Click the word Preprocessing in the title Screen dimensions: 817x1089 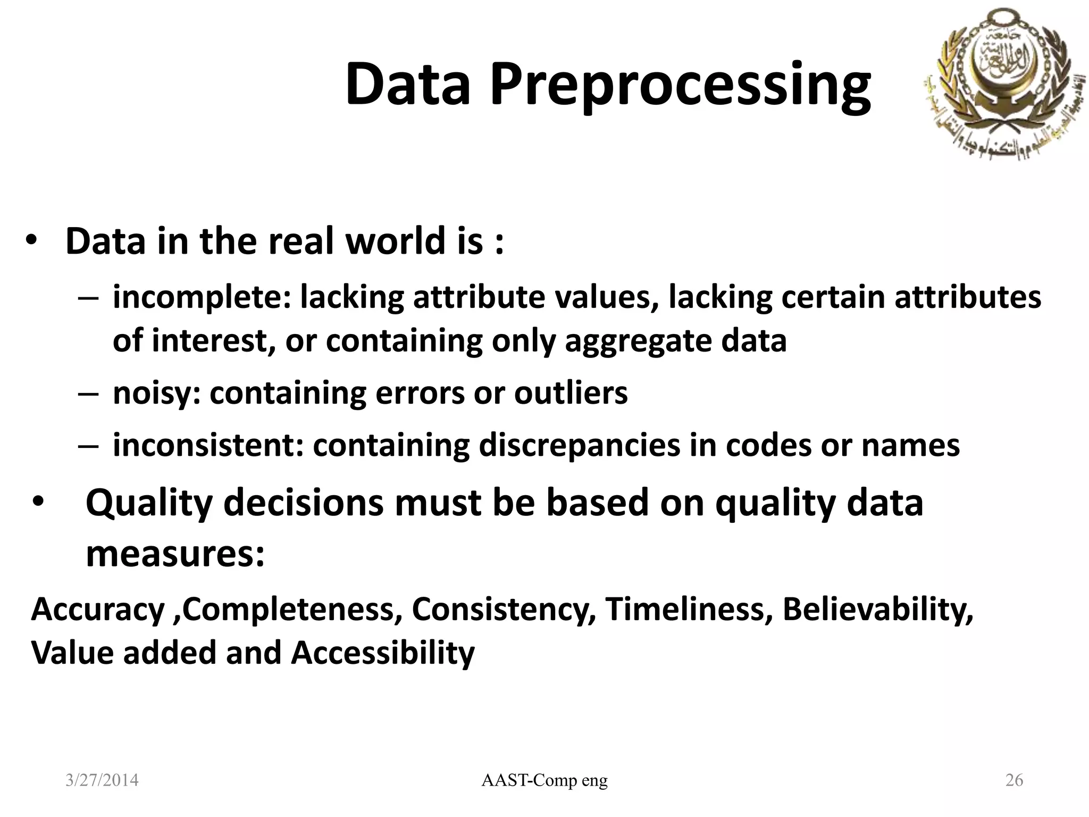(680, 85)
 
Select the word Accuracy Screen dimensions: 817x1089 (98, 609)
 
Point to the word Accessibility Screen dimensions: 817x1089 (382, 653)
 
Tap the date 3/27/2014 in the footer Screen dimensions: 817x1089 (102, 780)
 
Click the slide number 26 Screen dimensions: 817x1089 (1014, 780)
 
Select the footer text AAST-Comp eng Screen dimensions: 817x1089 (544, 780)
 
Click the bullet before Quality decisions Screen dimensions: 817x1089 (39, 503)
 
